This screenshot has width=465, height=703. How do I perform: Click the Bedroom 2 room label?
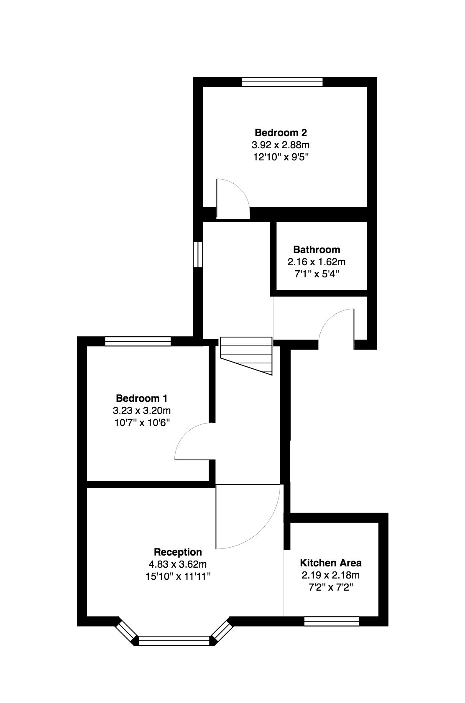(x=281, y=133)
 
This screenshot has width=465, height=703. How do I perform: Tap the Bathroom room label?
(x=317, y=250)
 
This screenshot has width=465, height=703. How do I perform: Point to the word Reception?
(x=178, y=552)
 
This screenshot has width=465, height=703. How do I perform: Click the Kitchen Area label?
(x=331, y=562)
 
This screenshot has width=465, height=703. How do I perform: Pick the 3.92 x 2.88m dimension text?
(x=281, y=145)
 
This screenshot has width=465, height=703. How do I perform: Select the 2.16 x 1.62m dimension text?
(x=317, y=262)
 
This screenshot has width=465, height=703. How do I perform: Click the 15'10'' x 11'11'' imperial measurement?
(x=178, y=577)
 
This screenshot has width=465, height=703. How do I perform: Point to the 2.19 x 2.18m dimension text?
(x=331, y=575)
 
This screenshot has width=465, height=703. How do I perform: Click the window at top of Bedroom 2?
(x=282, y=82)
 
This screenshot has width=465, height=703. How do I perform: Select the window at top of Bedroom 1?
(x=138, y=342)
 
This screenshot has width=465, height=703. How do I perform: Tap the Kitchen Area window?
(x=332, y=622)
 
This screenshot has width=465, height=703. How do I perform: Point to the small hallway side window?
(x=198, y=254)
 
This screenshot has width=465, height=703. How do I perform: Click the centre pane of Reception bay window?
(x=174, y=641)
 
